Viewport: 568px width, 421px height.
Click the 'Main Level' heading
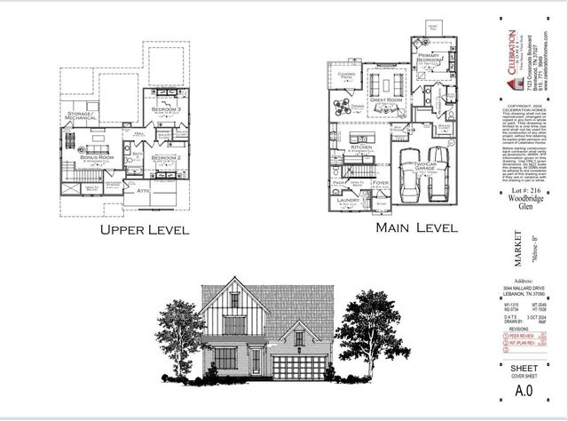[x=417, y=228]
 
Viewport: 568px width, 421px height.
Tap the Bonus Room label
[x=92, y=156]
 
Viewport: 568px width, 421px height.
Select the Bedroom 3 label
[x=166, y=109]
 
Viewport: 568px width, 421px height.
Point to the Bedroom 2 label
[x=167, y=157]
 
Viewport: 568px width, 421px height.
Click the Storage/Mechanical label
[x=82, y=116]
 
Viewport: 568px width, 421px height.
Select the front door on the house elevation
[x=256, y=360]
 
